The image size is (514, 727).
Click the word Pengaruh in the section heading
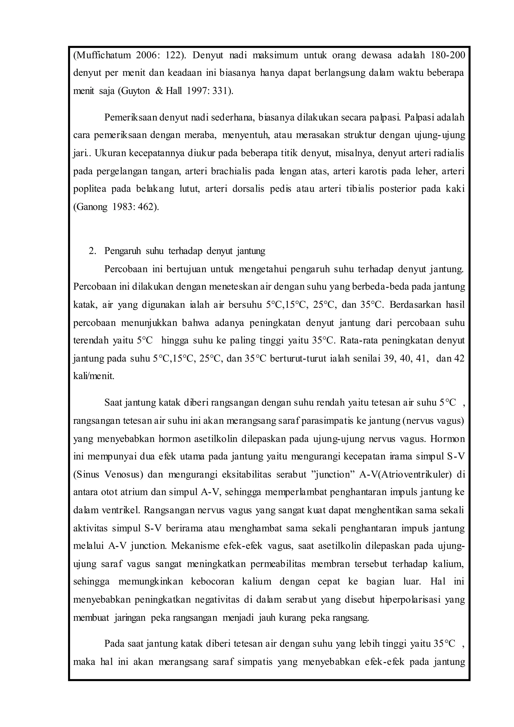pyautogui.click(x=122, y=251)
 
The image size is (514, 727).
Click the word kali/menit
pyautogui.click(x=94, y=377)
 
